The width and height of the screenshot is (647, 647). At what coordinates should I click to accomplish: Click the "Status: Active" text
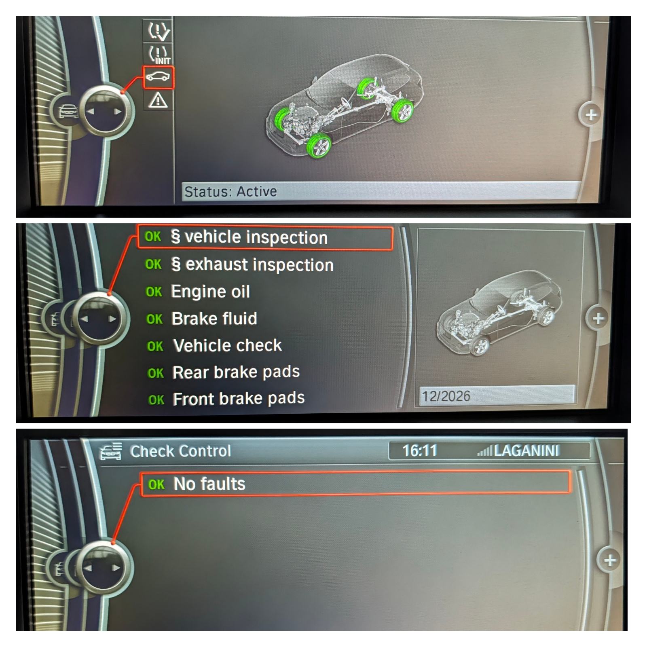pyautogui.click(x=230, y=191)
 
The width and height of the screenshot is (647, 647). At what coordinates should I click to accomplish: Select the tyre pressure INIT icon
pyautogui.click(x=159, y=54)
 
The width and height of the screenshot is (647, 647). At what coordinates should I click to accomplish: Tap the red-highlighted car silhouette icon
pyautogui.click(x=159, y=76)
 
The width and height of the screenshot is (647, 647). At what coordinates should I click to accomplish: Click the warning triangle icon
pyautogui.click(x=158, y=100)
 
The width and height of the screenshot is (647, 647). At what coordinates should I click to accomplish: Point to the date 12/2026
pyautogui.click(x=446, y=396)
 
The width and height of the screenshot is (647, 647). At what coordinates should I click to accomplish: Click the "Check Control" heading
pyautogui.click(x=180, y=451)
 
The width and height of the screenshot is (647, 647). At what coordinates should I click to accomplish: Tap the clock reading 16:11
pyautogui.click(x=420, y=450)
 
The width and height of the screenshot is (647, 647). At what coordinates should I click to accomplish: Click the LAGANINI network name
pyautogui.click(x=526, y=450)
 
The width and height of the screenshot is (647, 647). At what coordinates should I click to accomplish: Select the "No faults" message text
pyautogui.click(x=209, y=484)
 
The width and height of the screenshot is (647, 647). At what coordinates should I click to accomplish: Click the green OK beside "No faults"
pyautogui.click(x=156, y=484)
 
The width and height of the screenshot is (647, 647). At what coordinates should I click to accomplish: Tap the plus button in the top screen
pyautogui.click(x=590, y=115)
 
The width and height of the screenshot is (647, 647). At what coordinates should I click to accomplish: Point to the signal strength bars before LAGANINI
pyautogui.click(x=484, y=451)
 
